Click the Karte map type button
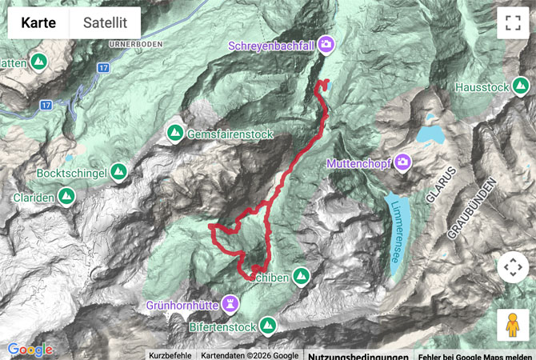coord(38,23)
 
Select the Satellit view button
coord(105,23)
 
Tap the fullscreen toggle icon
coord(513,23)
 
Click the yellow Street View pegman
coord(513,325)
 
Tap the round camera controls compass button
coord(513,267)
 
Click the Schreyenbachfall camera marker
coord(326,44)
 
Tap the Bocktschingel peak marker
coord(118,172)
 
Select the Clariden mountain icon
coord(66,195)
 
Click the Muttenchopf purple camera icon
coord(403,162)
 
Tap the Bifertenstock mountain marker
coord(267,325)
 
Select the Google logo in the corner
coord(30,350)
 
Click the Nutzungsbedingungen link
coord(358,356)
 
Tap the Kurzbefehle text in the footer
coord(170,356)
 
